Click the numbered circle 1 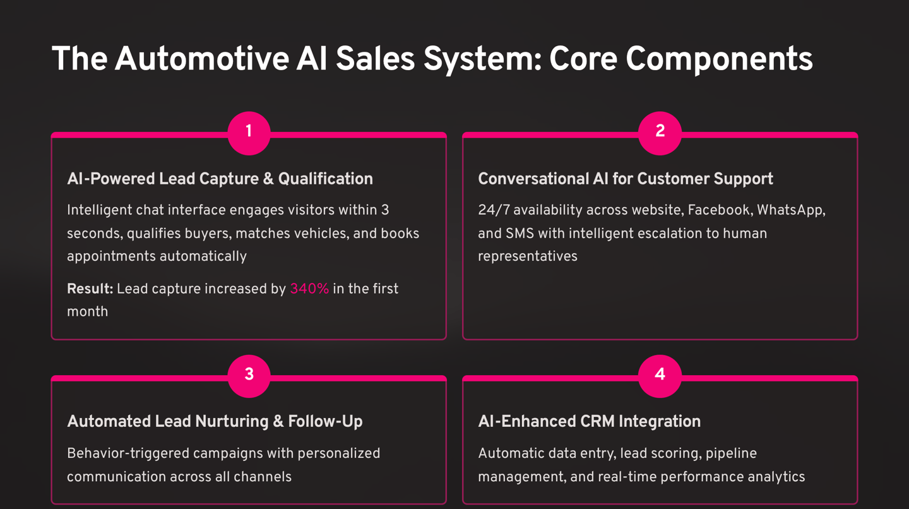tap(249, 132)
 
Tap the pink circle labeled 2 tap(660, 132)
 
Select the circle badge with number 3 tap(249, 375)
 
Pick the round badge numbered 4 tap(660, 375)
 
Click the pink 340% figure tap(309, 289)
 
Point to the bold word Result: tap(90, 289)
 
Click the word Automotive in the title tap(201, 59)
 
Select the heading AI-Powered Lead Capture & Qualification tap(220, 179)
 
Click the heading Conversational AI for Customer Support tap(625, 179)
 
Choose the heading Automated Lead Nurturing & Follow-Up tap(215, 422)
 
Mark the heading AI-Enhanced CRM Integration tap(589, 422)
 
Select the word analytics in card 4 tap(776, 477)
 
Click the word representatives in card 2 tap(527, 257)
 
